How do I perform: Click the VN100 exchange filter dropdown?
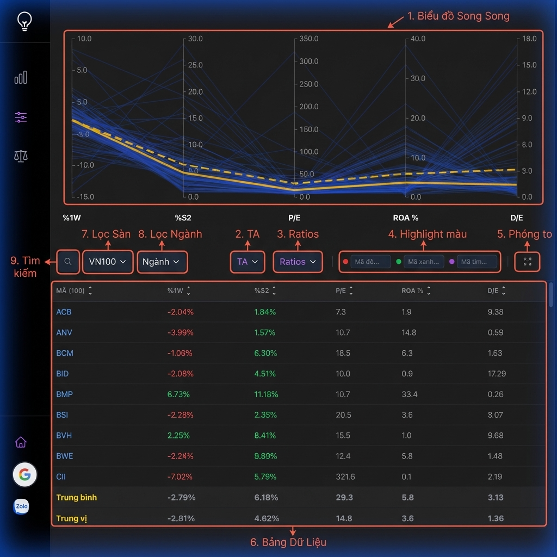pyautogui.click(x=108, y=262)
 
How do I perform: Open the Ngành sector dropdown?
pyautogui.click(x=161, y=262)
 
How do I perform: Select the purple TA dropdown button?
pyautogui.click(x=247, y=262)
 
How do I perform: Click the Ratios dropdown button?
pyautogui.click(x=298, y=262)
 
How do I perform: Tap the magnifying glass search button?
pyautogui.click(x=68, y=262)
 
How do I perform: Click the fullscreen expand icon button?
pyautogui.click(x=527, y=262)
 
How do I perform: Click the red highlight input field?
pyautogui.click(x=370, y=262)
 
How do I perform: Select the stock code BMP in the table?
pyautogui.click(x=64, y=394)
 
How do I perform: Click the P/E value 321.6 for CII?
pyautogui.click(x=345, y=476)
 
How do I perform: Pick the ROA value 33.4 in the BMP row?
pyautogui.click(x=409, y=394)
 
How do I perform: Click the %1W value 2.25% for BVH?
pyautogui.click(x=178, y=435)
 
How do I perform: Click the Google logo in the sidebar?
pyautogui.click(x=24, y=475)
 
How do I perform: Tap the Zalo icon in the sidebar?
pyautogui.click(x=21, y=507)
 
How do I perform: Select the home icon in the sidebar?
pyautogui.click(x=21, y=442)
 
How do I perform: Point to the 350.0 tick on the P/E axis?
pyautogui.click(x=308, y=39)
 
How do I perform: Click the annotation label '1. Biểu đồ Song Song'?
pyautogui.click(x=458, y=16)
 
